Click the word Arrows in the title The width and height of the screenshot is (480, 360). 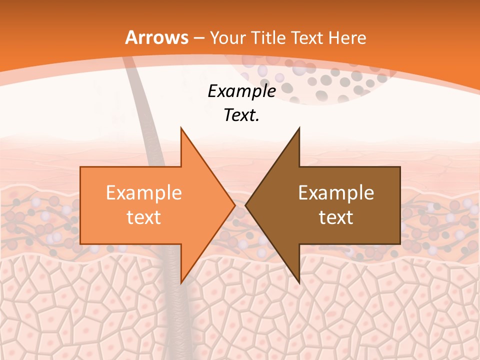pyautogui.click(x=157, y=37)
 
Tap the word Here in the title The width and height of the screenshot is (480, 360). pyautogui.click(x=347, y=37)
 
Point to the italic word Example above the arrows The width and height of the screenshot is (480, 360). pyautogui.click(x=241, y=91)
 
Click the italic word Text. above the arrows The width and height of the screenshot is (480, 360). pyautogui.click(x=241, y=115)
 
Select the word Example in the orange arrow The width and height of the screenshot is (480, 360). pyautogui.click(x=144, y=192)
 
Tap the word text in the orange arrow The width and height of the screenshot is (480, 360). pyautogui.click(x=144, y=217)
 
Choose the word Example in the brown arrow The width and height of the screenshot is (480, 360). pyautogui.click(x=336, y=192)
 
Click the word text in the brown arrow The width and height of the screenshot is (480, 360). pyautogui.click(x=336, y=217)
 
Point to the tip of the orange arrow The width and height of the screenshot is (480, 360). pyautogui.click(x=234, y=205)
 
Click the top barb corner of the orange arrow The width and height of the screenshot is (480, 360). pyautogui.click(x=181, y=128)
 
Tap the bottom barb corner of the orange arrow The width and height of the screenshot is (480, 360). pyautogui.click(x=181, y=282)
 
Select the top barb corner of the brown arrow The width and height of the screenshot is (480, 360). pyautogui.click(x=299, y=128)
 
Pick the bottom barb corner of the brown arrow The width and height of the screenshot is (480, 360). pyautogui.click(x=299, y=282)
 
